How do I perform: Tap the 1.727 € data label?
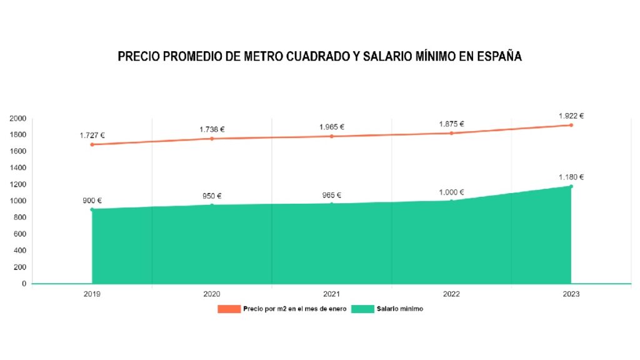point(92,135)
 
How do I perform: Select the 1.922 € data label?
point(571,116)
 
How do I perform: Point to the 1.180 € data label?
point(571,177)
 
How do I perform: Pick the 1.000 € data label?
point(451,192)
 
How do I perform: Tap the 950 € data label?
point(211,196)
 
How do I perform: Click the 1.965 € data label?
point(332,127)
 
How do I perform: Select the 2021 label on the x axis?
point(332,294)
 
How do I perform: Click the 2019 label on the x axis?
point(92,294)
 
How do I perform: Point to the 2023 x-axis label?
point(571,294)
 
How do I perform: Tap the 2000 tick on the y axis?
point(18,118)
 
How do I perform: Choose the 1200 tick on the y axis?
point(18,184)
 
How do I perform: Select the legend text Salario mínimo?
point(400,309)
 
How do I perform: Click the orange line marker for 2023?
point(571,125)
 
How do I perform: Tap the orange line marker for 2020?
point(212,139)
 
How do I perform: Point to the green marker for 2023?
point(571,186)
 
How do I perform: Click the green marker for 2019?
point(92,209)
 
